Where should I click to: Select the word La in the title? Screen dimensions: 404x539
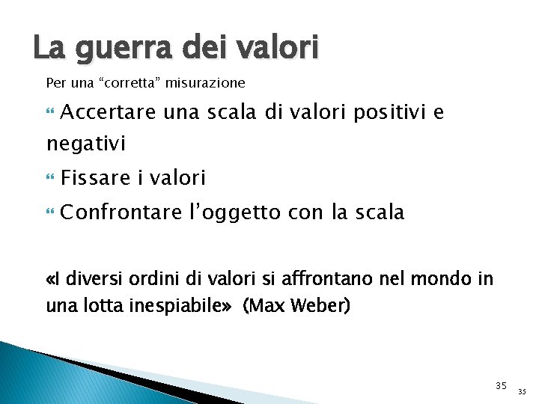pyautogui.click(x=49, y=47)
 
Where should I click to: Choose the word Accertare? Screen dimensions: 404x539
pyautogui.click(x=108, y=113)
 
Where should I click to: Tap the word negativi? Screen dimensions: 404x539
pyautogui.click(x=86, y=142)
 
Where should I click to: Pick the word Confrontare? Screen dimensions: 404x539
pyautogui.click(x=121, y=213)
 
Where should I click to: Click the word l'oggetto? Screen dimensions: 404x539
pyautogui.click(x=231, y=213)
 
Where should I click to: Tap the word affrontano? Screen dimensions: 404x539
pyautogui.click(x=330, y=281)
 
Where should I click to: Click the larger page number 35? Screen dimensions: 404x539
pyautogui.click(x=501, y=386)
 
